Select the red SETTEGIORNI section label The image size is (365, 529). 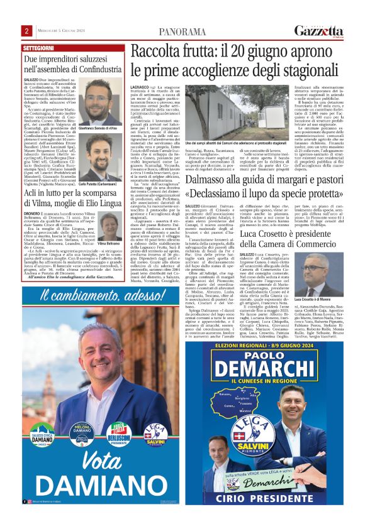[x=38, y=48]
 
